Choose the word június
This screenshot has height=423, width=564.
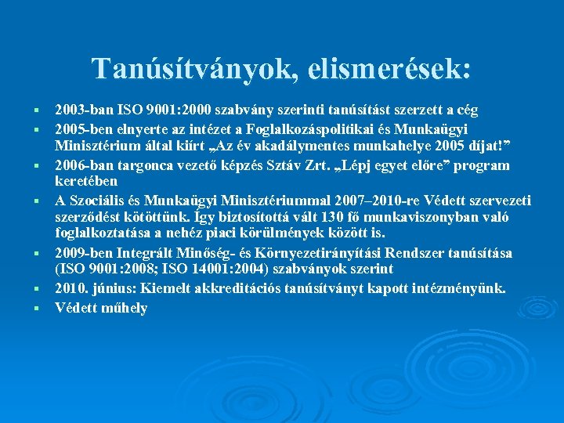point(110,288)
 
